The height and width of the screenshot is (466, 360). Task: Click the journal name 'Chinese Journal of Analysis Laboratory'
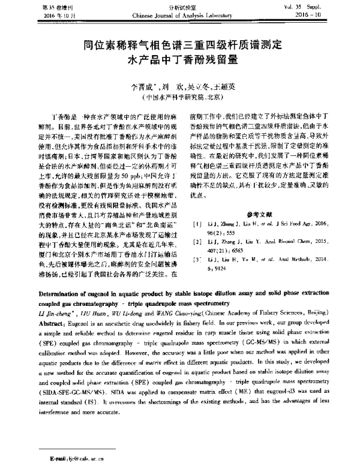click(180, 13)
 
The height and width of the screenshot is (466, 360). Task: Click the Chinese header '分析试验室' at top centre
click(180, 6)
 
